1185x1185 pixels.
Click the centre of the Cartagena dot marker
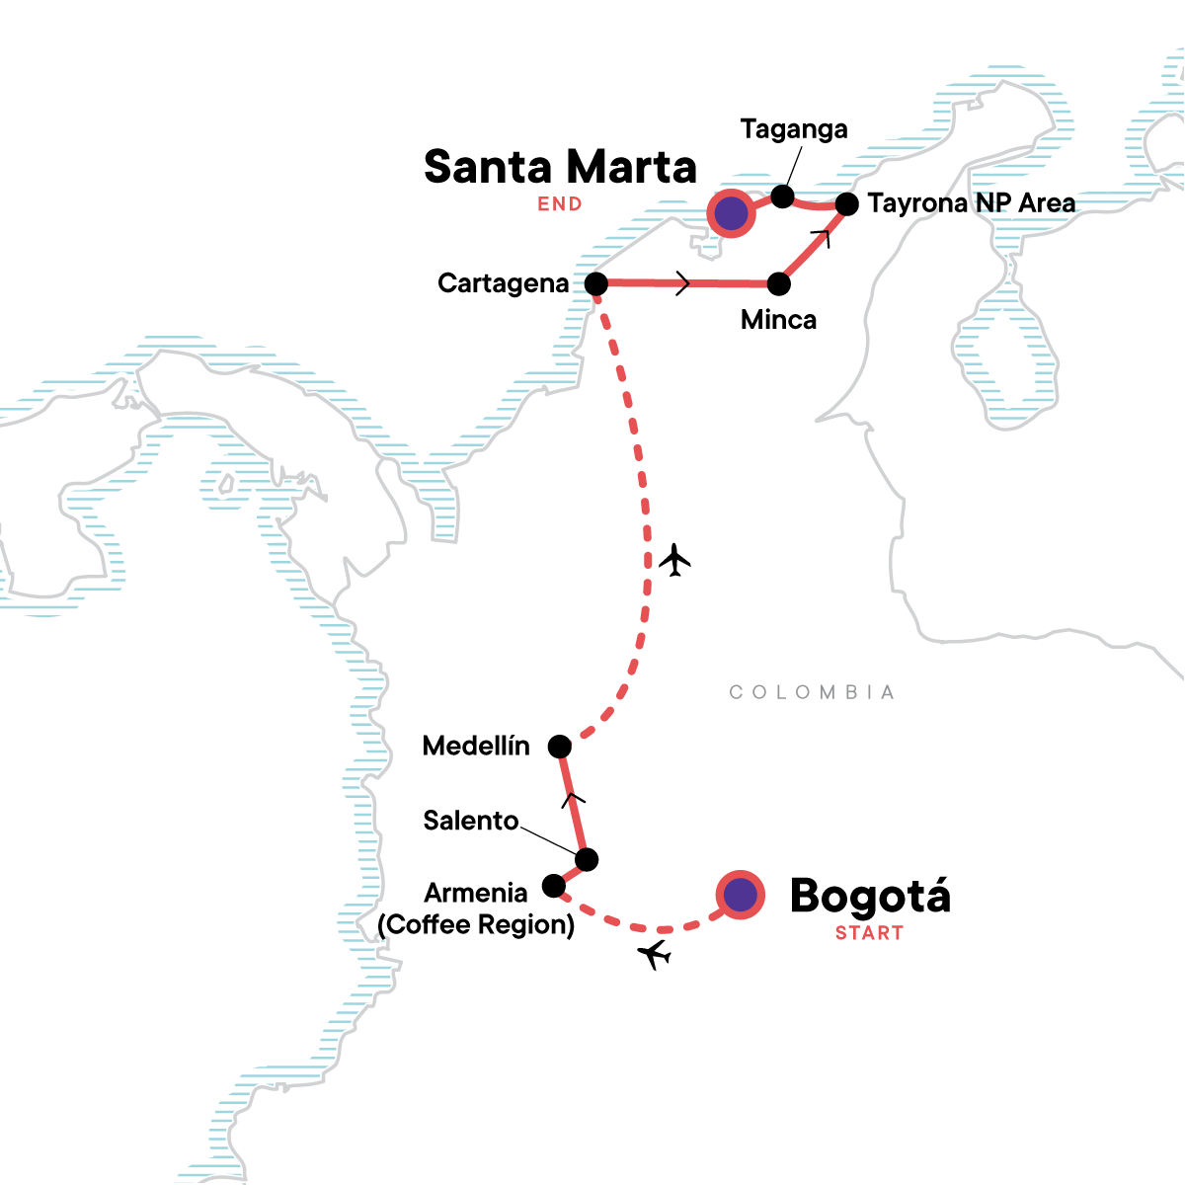(595, 284)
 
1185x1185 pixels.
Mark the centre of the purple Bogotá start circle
(741, 895)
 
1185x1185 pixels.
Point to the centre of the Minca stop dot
(778, 284)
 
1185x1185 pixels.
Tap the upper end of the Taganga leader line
(802, 147)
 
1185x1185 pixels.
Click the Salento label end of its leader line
(520, 828)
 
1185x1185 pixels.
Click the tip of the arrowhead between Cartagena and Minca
(688, 283)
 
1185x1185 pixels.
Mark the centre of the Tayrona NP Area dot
(846, 204)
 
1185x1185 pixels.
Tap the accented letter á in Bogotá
(935, 896)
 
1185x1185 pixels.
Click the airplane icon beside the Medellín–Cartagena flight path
(674, 560)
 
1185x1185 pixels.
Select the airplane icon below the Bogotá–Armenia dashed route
(654, 954)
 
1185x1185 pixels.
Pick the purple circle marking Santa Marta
(731, 213)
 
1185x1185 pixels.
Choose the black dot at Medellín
(559, 747)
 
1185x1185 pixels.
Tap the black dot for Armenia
(553, 886)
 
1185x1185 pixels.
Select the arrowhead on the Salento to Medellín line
(573, 800)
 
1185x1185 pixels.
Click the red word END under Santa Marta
(560, 204)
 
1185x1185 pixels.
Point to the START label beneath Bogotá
(869, 933)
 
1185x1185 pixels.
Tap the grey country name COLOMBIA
(811, 692)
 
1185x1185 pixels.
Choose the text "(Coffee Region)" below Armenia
(476, 924)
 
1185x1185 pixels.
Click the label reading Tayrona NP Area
(972, 203)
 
